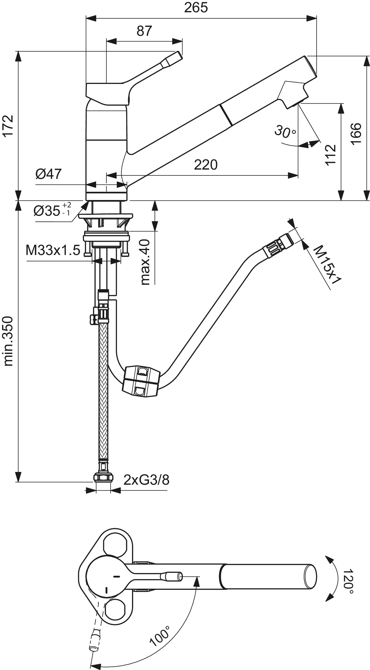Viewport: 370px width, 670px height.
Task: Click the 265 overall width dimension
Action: pos(196,8)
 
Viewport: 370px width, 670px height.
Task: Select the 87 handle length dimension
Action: pos(144,31)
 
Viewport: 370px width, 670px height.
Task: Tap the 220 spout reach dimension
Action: pos(206,165)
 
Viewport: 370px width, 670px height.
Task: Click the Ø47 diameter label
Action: pos(48,174)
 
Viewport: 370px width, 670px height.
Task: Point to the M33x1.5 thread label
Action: pos(53,250)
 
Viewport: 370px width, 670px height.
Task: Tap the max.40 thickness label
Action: pos(145,262)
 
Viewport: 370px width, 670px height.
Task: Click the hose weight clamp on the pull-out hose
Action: pos(141,381)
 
